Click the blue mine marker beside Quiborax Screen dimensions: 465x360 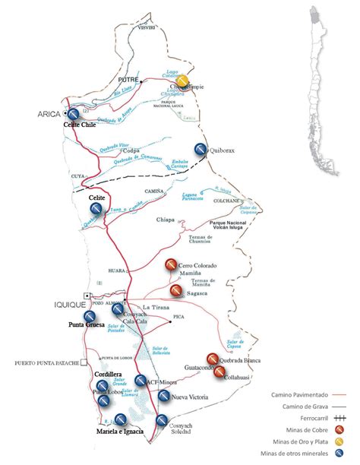(201, 150)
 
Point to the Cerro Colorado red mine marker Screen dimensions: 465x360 (172, 266)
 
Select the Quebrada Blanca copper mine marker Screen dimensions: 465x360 (211, 359)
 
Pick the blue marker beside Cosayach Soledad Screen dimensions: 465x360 (162, 421)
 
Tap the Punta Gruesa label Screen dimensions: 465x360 (87, 325)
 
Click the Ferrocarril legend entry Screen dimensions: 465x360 (311, 420)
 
